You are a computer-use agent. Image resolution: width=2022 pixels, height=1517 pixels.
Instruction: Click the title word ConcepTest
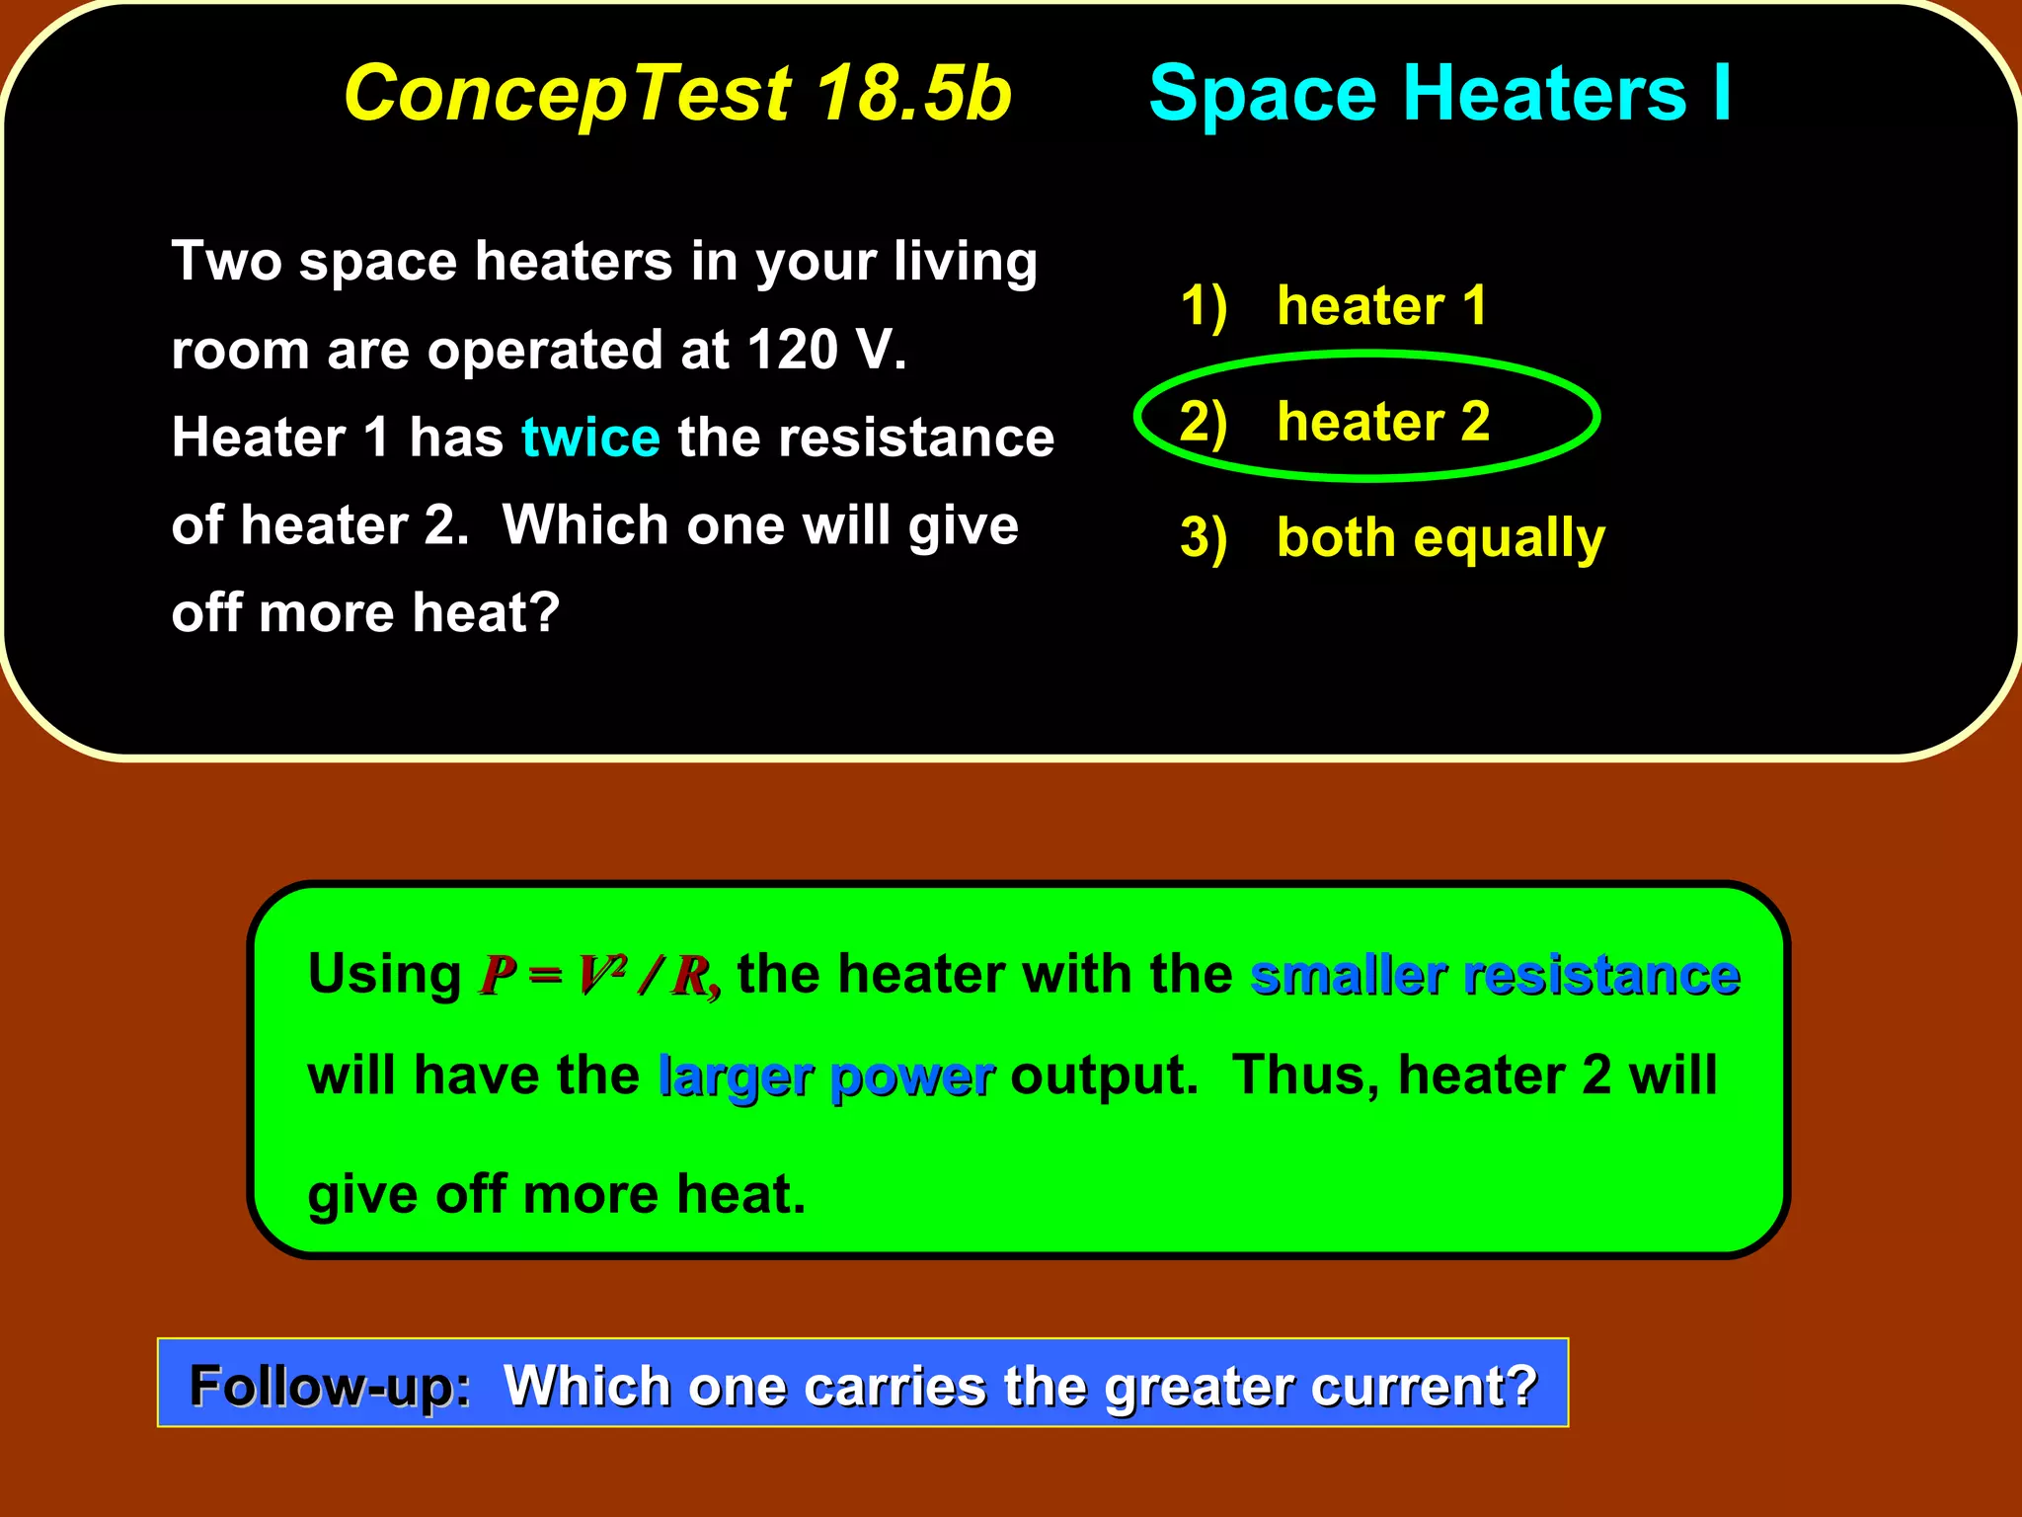point(568,94)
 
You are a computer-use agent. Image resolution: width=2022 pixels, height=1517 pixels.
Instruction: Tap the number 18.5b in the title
point(914,94)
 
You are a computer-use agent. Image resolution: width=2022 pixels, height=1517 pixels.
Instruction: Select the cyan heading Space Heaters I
point(1439,94)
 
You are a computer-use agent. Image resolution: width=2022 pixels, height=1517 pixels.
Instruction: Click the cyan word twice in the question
point(590,438)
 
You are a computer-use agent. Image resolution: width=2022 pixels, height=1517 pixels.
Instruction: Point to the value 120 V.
point(825,350)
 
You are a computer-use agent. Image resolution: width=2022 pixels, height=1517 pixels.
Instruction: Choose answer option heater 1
point(1381,305)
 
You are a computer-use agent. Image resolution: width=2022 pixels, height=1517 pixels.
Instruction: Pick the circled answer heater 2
point(1382,422)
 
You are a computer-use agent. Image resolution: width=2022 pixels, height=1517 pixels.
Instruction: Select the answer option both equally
point(1440,538)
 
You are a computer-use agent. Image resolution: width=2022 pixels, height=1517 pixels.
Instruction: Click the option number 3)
point(1204,539)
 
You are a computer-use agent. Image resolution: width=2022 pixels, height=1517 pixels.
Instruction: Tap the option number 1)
point(1204,306)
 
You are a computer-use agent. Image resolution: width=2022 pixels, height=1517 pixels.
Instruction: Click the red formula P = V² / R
point(598,976)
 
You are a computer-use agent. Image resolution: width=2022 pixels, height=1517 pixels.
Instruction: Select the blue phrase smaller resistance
point(1494,976)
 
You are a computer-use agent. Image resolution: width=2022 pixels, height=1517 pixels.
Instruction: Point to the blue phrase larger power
point(826,1077)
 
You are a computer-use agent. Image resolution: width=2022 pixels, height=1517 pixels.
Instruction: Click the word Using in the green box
point(384,975)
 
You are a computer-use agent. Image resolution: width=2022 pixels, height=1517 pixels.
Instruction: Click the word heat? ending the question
point(486,612)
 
